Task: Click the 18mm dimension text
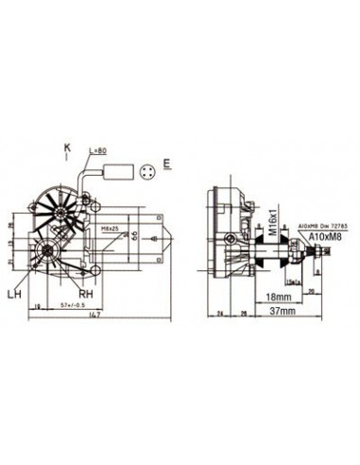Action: pos(275,294)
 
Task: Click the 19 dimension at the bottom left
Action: pos(34,306)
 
